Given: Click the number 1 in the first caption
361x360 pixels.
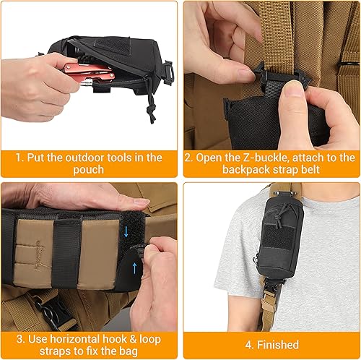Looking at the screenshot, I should (22, 158).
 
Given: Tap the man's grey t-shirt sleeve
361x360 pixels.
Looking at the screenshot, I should (217, 249).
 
